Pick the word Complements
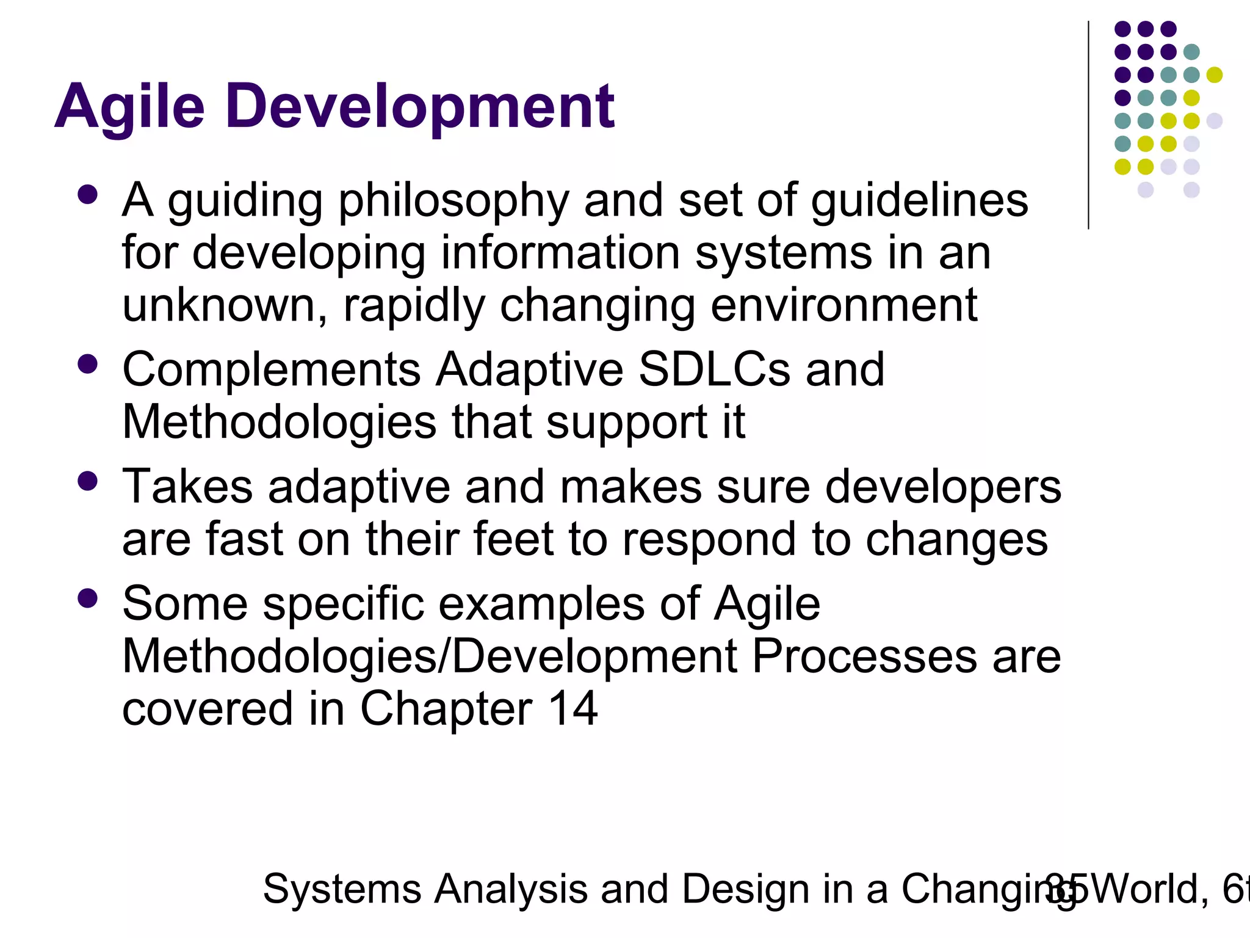click(272, 370)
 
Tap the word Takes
click(187, 487)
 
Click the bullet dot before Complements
click(88, 365)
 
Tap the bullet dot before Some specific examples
click(88, 598)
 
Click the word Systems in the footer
click(341, 889)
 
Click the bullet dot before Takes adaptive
click(88, 481)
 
